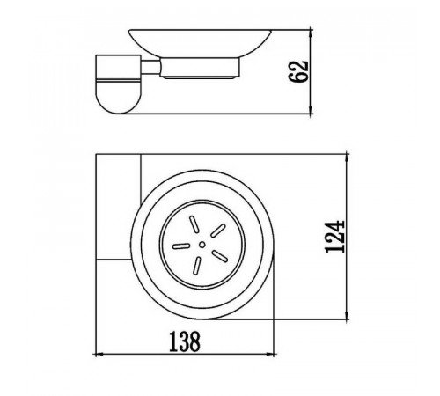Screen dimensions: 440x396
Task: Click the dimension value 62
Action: click(298, 71)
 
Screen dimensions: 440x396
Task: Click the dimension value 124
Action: click(334, 237)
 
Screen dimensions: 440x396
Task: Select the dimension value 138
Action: click(185, 341)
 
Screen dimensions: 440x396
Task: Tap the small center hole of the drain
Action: click(202, 245)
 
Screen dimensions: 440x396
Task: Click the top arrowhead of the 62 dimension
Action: click(311, 33)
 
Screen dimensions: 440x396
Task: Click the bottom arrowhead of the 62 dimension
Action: click(311, 110)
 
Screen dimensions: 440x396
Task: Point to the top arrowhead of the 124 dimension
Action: click(348, 158)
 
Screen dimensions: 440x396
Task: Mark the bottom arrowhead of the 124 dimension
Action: click(348, 315)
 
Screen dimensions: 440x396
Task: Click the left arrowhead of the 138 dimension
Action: click(100, 355)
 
